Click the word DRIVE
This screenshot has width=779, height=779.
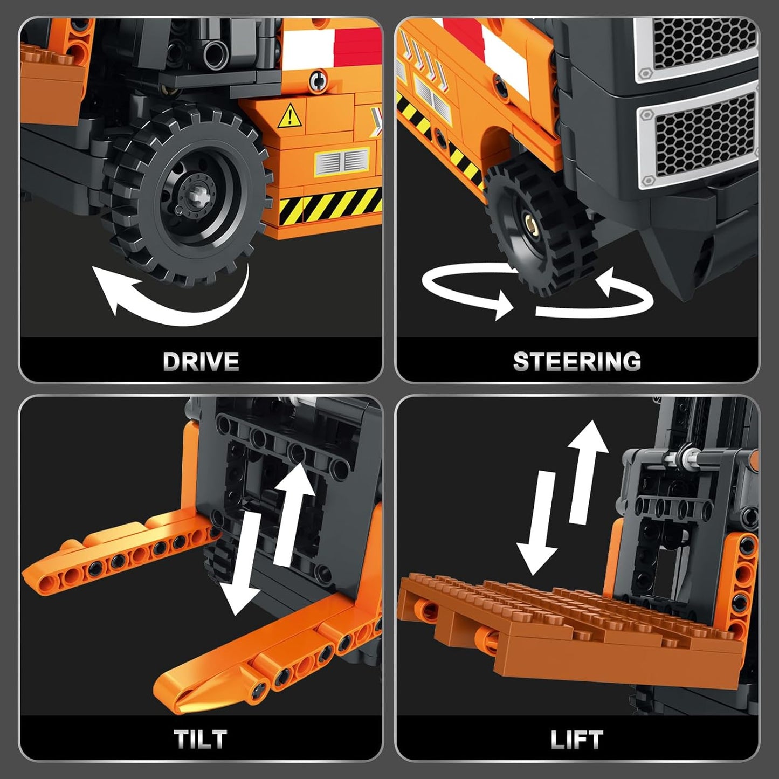[x=201, y=361]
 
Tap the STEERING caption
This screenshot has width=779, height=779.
[x=577, y=361]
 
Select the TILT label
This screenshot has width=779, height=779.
[x=201, y=739]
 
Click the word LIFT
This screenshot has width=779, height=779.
[x=577, y=740]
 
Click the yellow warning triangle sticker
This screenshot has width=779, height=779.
[x=290, y=117]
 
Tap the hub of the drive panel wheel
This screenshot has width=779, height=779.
[x=196, y=190]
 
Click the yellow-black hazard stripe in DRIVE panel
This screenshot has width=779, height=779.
[x=329, y=208]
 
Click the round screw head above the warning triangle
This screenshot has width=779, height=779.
[x=318, y=81]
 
